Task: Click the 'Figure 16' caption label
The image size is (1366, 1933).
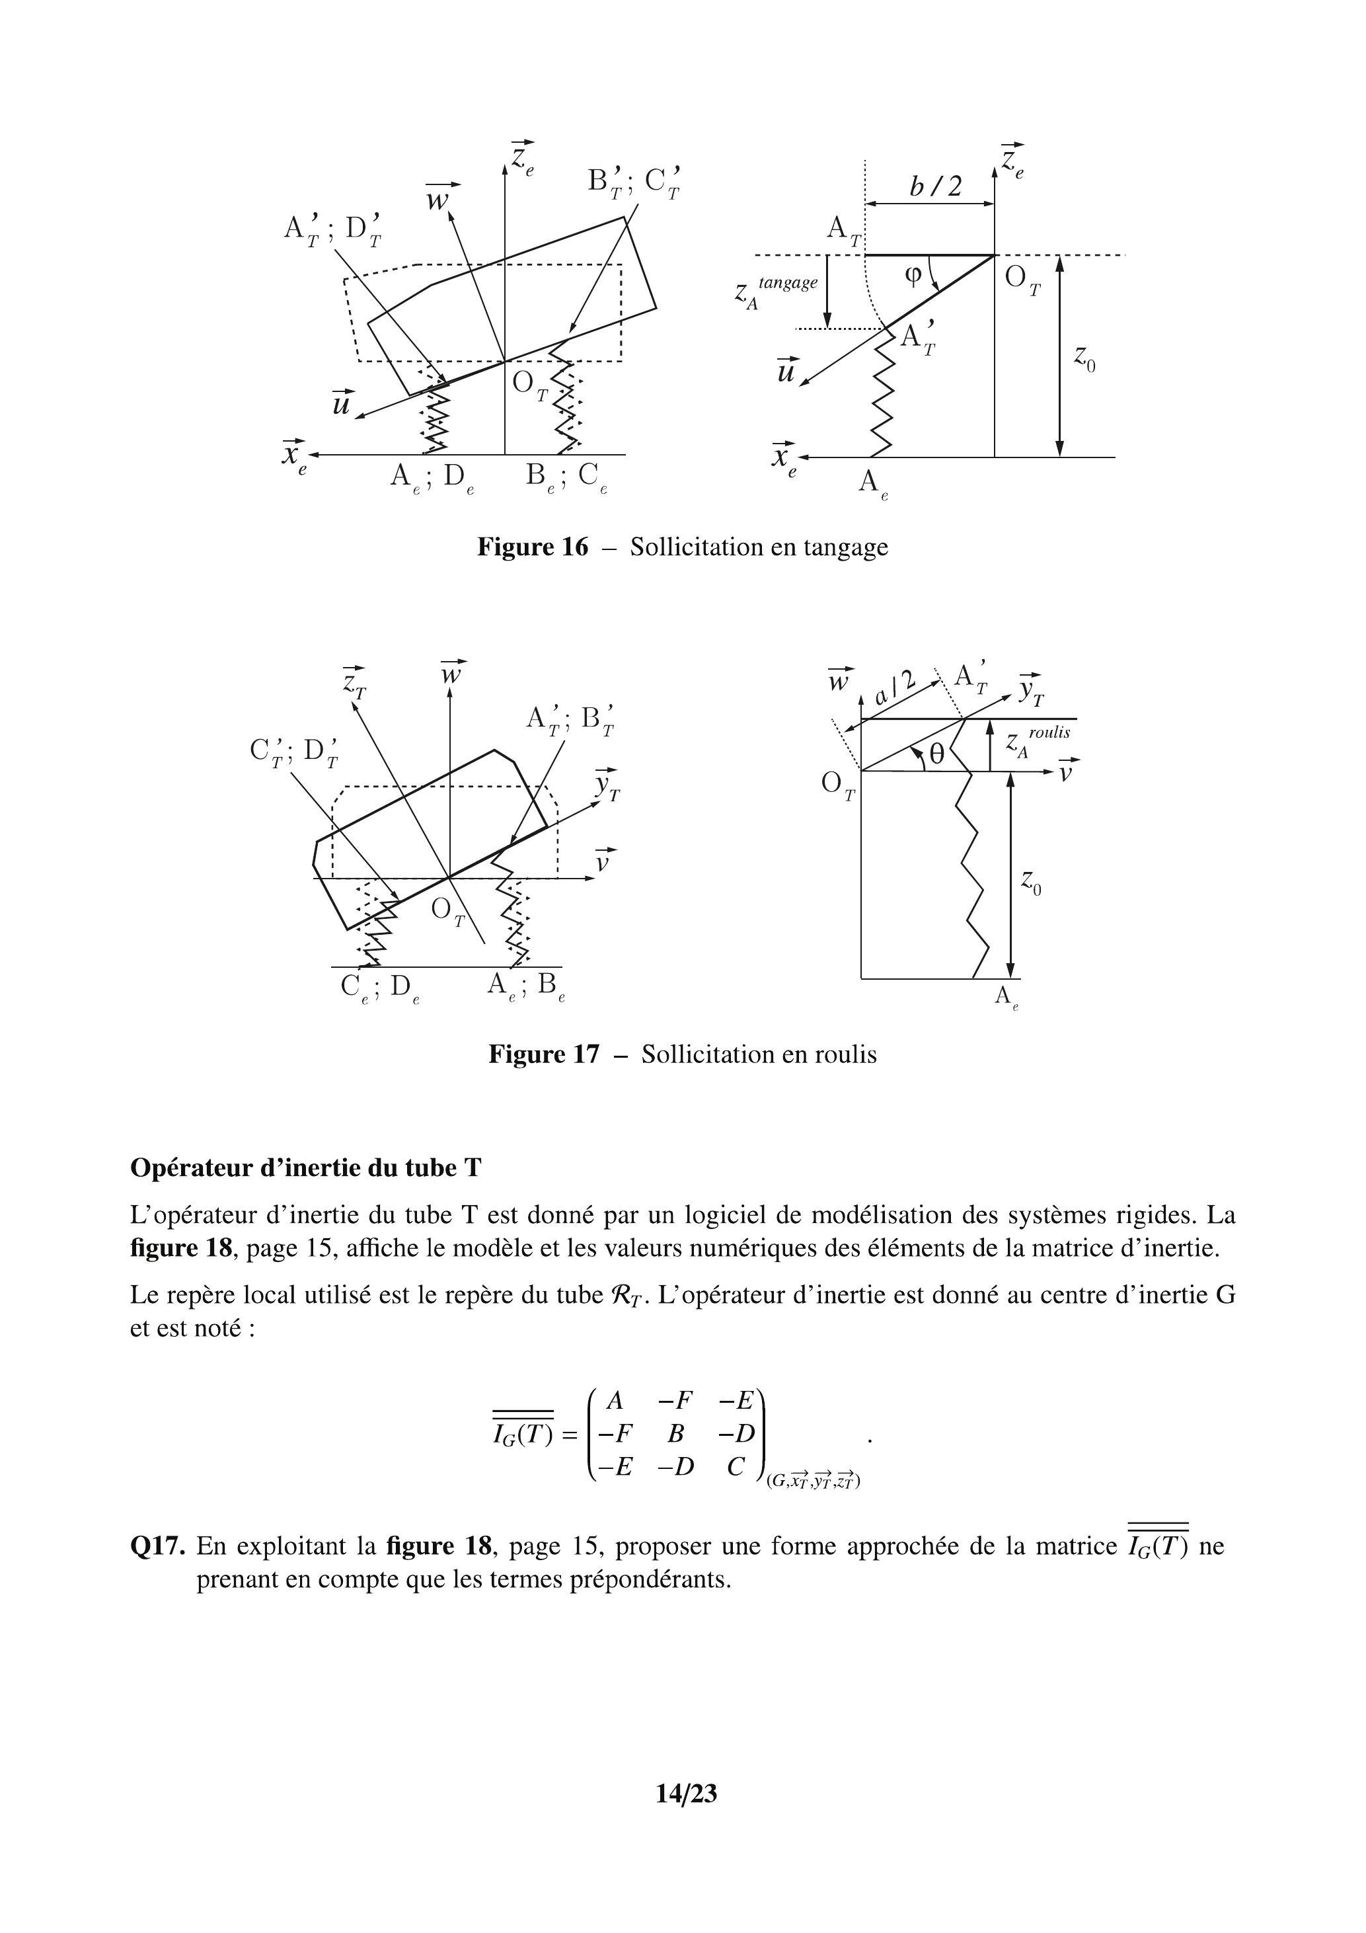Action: (x=532, y=547)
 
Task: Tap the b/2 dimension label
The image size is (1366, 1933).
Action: (x=935, y=186)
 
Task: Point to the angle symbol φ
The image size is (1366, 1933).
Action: (x=914, y=275)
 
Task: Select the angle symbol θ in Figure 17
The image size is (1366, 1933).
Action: (x=936, y=755)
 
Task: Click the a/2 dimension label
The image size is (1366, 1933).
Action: (x=894, y=687)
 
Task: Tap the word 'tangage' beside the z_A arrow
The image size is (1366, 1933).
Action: (x=788, y=283)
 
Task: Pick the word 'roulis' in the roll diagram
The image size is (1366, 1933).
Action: (x=1049, y=732)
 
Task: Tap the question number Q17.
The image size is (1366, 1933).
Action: (x=157, y=1546)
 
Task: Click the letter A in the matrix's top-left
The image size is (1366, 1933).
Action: (x=615, y=1400)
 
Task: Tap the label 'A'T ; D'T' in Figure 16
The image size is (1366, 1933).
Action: (x=332, y=230)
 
